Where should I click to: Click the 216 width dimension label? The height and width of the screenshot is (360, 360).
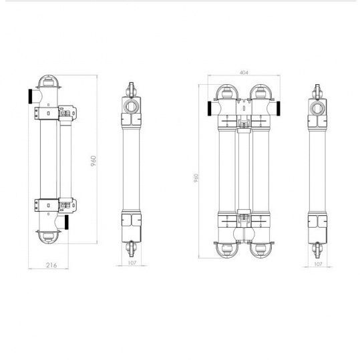click(x=51, y=265)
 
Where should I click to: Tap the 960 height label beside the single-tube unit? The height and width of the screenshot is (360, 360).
click(x=94, y=161)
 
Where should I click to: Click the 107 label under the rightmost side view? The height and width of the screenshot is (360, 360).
click(x=317, y=264)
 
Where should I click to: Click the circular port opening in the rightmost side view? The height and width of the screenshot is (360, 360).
click(x=317, y=107)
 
